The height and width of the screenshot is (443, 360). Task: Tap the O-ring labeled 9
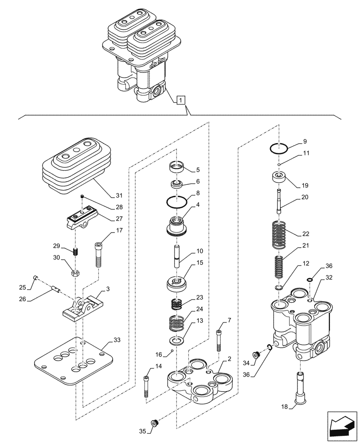click(279, 149)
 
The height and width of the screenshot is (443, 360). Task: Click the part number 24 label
click(200, 310)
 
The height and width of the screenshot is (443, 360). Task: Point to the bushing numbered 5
click(177, 167)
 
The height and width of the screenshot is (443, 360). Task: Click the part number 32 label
click(329, 278)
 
